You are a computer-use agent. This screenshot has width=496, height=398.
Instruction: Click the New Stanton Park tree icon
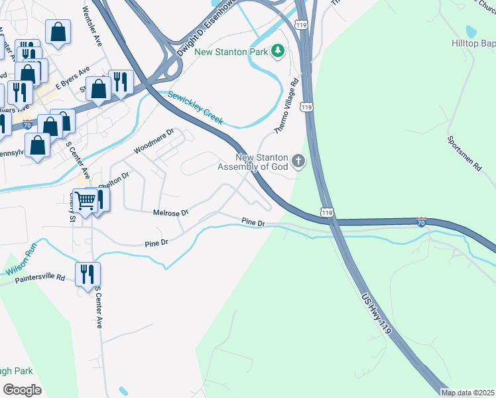(279, 50)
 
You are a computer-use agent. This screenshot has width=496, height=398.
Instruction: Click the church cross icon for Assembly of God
(298, 161)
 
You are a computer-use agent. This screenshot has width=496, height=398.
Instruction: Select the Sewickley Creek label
(195, 107)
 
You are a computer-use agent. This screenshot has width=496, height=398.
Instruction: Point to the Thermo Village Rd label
(286, 107)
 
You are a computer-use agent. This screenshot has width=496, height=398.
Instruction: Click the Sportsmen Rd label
(464, 154)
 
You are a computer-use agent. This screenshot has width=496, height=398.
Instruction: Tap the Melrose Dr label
(172, 212)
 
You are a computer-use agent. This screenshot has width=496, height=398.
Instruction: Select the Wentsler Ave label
(92, 27)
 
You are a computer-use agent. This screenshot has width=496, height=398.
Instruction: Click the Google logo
(22, 389)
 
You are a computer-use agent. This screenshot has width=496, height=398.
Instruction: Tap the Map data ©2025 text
(467, 393)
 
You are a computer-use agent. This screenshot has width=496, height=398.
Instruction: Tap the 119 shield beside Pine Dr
(325, 212)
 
